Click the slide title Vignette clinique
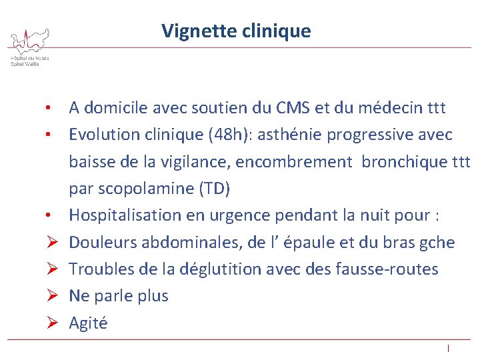point(236,31)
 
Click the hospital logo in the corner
point(29,46)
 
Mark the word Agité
point(88,323)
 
